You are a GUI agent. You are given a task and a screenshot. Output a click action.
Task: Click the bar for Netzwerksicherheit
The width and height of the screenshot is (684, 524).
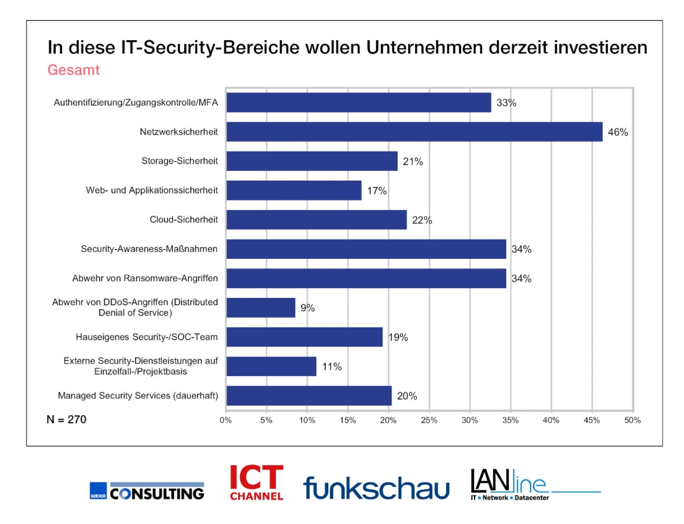click(x=414, y=132)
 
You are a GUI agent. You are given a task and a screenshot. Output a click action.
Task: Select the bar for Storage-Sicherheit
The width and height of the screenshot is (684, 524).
click(x=312, y=161)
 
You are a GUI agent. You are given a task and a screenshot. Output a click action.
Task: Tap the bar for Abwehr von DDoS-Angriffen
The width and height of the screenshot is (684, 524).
click(x=261, y=307)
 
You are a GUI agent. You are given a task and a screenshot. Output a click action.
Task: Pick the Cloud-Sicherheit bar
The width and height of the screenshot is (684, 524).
click(x=316, y=220)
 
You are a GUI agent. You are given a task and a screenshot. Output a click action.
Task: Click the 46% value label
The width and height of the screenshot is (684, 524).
click(x=618, y=132)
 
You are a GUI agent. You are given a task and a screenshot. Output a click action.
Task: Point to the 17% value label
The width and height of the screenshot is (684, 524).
click(x=377, y=191)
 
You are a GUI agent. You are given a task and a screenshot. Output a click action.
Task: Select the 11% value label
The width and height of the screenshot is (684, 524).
click(x=331, y=367)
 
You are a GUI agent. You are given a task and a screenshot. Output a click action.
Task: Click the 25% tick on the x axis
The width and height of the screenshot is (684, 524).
click(x=429, y=420)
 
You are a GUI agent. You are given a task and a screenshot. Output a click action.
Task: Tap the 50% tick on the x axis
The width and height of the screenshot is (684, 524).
click(x=632, y=420)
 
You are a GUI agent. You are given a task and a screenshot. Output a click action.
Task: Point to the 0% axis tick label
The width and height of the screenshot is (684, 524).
click(x=226, y=420)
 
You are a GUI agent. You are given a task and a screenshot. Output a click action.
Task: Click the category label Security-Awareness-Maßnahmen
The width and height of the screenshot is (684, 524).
click(x=149, y=249)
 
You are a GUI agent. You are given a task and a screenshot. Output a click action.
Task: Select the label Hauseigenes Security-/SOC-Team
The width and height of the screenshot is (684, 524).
click(x=146, y=337)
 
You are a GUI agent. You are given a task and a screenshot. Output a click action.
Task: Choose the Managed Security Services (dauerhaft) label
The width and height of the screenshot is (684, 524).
click(x=138, y=396)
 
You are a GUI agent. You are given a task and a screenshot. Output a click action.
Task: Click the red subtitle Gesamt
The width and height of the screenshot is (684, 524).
click(x=74, y=70)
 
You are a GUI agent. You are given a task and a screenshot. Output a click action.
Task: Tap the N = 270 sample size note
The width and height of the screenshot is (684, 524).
click(x=66, y=420)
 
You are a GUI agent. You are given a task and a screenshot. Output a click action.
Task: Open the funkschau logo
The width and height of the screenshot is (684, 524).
click(x=376, y=487)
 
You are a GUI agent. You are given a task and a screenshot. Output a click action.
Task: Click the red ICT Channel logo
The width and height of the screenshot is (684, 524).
click(x=256, y=482)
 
